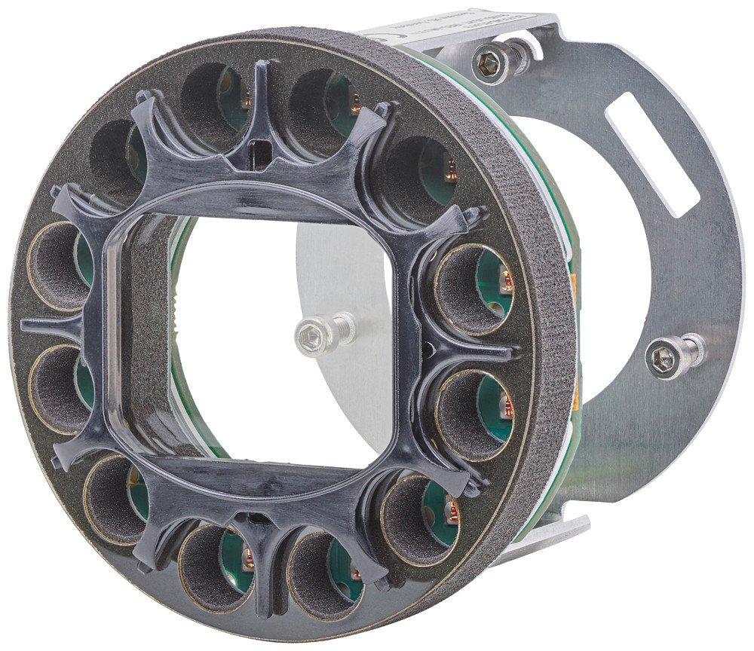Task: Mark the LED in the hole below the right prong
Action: point(506,408)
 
